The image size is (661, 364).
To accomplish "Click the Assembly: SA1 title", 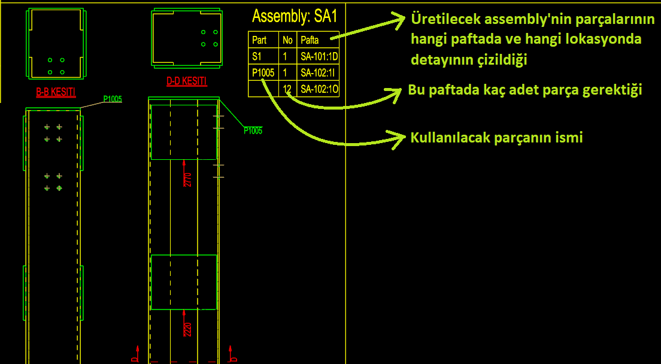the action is [x=295, y=16].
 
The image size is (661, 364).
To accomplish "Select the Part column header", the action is [x=259, y=41].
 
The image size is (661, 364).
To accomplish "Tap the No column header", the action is [x=287, y=41].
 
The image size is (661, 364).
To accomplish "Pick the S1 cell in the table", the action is [x=257, y=56].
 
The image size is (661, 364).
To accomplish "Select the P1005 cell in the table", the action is [x=263, y=73].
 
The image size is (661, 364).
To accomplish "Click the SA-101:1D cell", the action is [x=319, y=56].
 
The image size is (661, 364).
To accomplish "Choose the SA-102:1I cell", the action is [x=317, y=73].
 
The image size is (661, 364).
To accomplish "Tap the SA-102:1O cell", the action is [x=319, y=89].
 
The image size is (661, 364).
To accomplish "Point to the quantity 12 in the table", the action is [x=287, y=89].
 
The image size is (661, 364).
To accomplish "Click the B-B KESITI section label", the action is [x=56, y=92].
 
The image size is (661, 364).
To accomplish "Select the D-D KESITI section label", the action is [x=187, y=81].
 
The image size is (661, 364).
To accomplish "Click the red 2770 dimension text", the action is [x=188, y=180].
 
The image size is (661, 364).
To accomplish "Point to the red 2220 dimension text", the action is [x=188, y=329].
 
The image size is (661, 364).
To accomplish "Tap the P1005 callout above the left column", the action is [x=113, y=99].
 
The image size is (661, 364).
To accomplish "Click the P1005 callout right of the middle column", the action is [x=253, y=131].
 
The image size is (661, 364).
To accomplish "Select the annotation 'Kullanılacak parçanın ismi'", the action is [x=496, y=137].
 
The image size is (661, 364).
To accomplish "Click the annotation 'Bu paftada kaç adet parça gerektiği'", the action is [x=525, y=90].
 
